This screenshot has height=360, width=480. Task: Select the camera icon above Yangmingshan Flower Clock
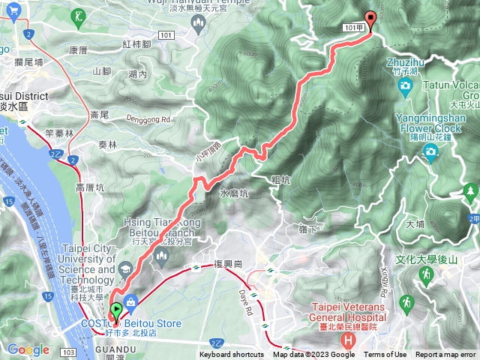pyautogui.click(x=430, y=152)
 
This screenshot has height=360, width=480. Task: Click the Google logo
pyautogui.click(x=28, y=349)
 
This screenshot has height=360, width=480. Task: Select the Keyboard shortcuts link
pyautogui.click(x=231, y=355)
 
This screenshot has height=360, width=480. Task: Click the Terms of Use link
pyautogui.click(x=385, y=355)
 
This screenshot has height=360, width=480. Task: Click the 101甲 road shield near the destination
pyautogui.click(x=356, y=27)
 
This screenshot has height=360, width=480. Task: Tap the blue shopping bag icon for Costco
pyautogui.click(x=131, y=303)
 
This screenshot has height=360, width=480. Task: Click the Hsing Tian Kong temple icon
pyautogui.click(x=160, y=257)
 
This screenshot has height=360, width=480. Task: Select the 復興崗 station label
pyautogui.click(x=227, y=264)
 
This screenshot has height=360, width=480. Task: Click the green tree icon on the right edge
pyautogui.click(x=470, y=191)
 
